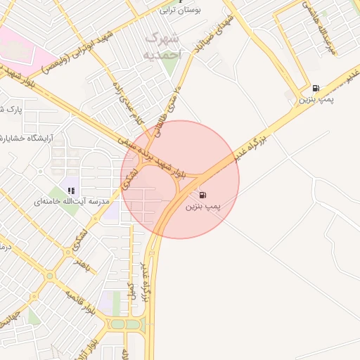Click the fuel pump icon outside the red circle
coord(315,89)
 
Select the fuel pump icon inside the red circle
coord(203,195)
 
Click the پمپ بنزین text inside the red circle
coord(203,207)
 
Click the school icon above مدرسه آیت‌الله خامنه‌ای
coord(71,190)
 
